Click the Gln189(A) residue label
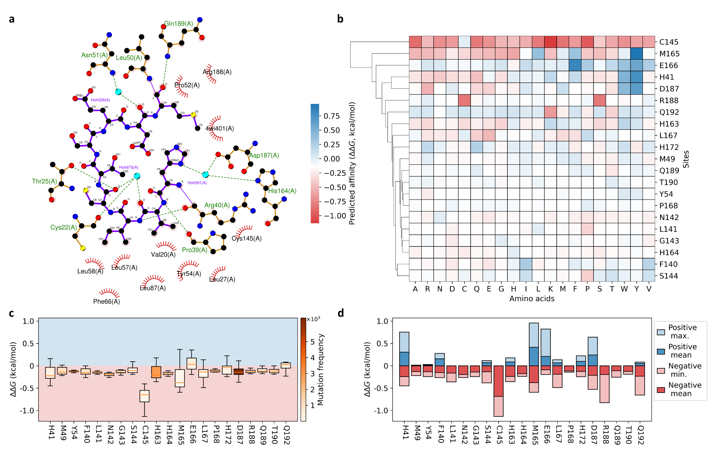point(179,24)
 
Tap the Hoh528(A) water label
point(100,100)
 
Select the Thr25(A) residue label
point(44,181)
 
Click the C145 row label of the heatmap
point(669,42)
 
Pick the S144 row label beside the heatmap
point(669,276)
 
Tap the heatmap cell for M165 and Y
point(636,54)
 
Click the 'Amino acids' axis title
point(532,299)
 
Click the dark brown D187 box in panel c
point(239,372)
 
